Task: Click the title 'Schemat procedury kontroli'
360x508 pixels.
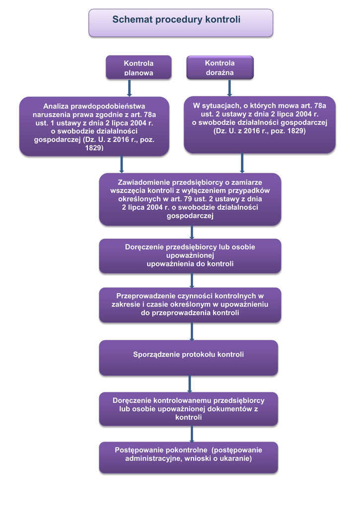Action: (176, 20)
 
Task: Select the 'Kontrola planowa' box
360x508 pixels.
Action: (139, 67)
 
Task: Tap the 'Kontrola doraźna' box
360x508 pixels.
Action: (219, 67)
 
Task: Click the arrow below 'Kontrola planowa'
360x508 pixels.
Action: (130, 88)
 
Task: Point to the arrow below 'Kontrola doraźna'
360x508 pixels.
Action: (229, 87)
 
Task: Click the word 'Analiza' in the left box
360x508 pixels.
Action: (56, 106)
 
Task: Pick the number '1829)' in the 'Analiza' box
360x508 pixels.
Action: (94, 148)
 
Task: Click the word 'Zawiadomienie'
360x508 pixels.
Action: (142, 182)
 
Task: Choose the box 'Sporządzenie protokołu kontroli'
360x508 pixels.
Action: (188, 355)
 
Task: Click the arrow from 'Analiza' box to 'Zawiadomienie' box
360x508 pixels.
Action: (121, 165)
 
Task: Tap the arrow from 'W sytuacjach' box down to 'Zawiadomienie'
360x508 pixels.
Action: (242, 163)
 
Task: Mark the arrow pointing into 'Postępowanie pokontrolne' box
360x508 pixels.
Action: (192, 434)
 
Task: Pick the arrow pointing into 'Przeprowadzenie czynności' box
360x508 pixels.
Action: (192, 281)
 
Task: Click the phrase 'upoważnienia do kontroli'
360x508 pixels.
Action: (190, 264)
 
